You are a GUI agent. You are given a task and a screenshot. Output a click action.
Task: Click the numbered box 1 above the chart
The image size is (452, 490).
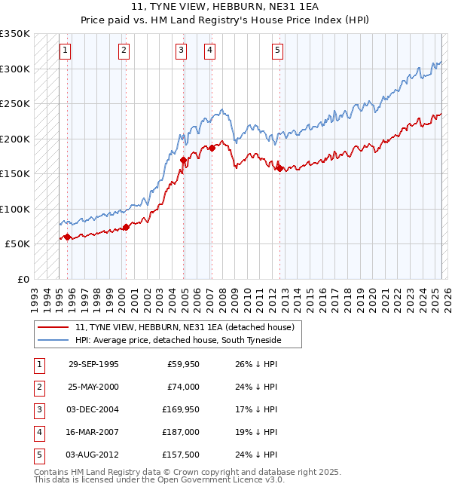pos(66,51)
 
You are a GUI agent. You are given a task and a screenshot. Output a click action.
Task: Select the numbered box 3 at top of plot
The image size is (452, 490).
pos(182,51)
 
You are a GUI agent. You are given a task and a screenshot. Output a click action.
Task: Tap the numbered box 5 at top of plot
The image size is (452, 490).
pos(278,51)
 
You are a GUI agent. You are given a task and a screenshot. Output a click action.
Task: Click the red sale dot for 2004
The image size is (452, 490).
pos(184,160)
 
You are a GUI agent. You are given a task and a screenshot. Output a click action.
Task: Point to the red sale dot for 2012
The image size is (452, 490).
pos(279,168)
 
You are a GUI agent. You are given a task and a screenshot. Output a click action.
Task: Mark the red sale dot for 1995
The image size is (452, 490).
pos(68,237)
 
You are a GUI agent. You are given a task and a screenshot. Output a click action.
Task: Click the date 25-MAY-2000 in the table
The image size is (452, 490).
pos(93,387)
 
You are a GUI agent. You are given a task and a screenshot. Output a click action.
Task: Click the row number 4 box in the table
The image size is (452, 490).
pos(37,432)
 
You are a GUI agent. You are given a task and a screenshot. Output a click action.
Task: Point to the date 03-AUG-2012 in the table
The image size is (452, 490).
pos(93,455)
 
